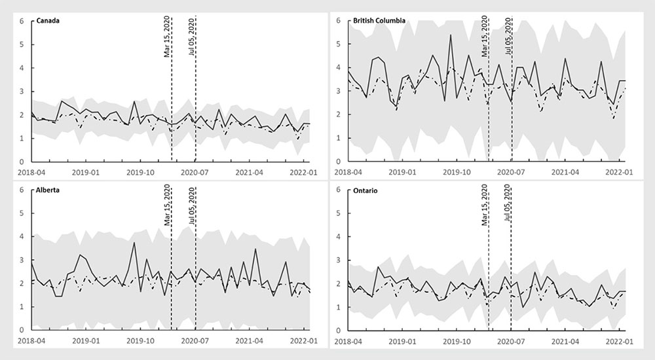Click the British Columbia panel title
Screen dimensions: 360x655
pos(379,20)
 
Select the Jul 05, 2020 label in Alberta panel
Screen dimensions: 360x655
pos(192,206)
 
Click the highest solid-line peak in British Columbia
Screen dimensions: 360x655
pos(451,35)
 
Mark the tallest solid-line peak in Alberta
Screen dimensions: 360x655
pos(134,243)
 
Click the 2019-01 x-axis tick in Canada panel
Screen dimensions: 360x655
pos(85,171)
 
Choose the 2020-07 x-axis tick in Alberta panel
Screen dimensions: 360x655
pos(194,340)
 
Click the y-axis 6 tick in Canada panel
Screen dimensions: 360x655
pos(22,21)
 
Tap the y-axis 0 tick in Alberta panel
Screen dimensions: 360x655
pos(22,330)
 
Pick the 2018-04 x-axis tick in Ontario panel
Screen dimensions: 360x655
pos(349,340)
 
